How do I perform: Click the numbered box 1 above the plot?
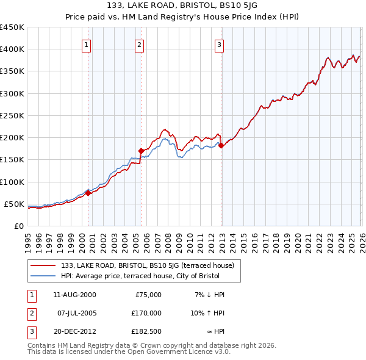coord(87,45)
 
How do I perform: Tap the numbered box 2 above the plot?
coord(140,45)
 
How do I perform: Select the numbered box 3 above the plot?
coord(219,45)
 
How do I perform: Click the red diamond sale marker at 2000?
coord(88,193)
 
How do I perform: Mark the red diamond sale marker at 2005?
coord(141,150)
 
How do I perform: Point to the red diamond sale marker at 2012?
coord(221,145)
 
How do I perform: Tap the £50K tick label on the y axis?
coord(13,204)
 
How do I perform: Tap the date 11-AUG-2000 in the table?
coord(74,295)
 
